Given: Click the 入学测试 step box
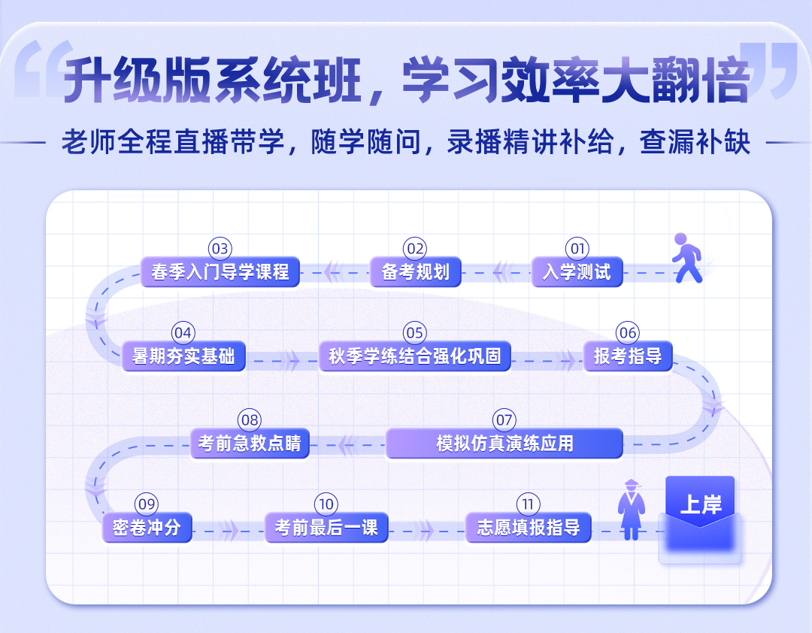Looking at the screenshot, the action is pos(577,272).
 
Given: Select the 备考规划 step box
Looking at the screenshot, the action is pos(415,272).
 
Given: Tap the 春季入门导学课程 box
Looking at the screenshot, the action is pos(220,272).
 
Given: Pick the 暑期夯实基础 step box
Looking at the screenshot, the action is pos(183,356).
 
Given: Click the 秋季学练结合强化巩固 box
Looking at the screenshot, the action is pos(415,356).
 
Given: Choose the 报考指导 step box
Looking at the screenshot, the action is pos(628,356).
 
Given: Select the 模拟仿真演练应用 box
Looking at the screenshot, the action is pos(504,444).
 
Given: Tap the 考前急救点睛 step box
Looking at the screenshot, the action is pos(250,444).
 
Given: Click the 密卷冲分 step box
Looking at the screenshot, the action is pos(147,527).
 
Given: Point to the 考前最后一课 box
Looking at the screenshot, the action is pos(326,527).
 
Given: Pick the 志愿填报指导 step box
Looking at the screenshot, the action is pos(529,527).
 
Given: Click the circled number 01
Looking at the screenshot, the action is pos(577,249).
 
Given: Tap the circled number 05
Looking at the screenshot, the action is pos(415,332).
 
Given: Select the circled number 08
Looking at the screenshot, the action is pos(250,419).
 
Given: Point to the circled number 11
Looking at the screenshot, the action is pos(529,504).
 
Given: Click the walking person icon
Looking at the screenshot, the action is pos(687,257).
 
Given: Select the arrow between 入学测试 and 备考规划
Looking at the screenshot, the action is pos(499,272).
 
